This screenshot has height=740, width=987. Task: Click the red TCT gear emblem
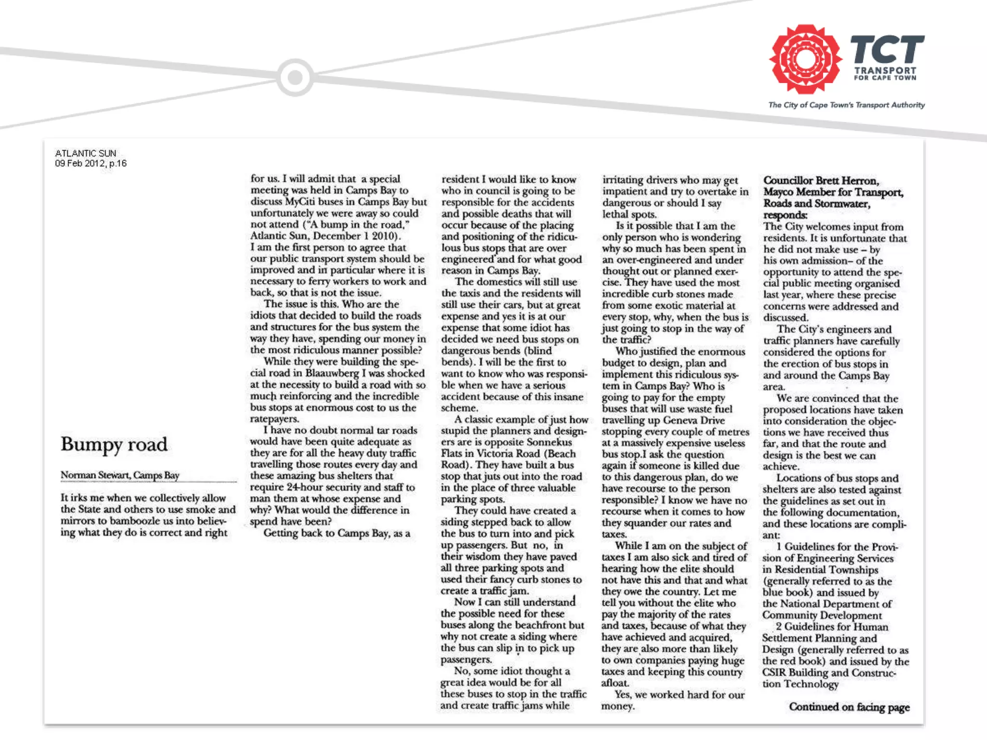804,59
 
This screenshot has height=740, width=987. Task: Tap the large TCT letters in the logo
887,49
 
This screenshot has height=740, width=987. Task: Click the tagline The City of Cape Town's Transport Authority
846,105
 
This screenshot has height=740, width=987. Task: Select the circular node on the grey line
295,77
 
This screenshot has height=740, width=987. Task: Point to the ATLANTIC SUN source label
86,153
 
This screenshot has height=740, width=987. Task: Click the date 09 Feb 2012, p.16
91,163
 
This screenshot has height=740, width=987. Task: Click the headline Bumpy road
114,444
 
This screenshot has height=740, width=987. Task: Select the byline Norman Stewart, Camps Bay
120,475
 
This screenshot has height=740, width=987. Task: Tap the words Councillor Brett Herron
821,181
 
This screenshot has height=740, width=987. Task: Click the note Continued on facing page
849,707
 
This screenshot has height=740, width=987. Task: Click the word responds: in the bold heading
785,215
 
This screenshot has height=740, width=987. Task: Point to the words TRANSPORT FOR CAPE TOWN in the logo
885,74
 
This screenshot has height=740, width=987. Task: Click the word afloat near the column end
614,683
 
